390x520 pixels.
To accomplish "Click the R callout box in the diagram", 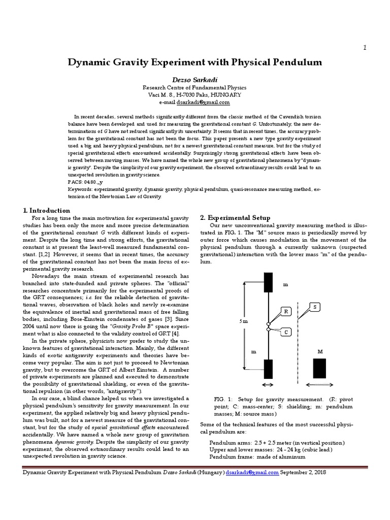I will (286, 311).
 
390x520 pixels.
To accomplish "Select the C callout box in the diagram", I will (286, 332).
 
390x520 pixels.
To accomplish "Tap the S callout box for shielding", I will (315, 307).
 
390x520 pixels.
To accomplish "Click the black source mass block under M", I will (319, 368).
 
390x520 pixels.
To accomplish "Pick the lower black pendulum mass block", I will (268, 369).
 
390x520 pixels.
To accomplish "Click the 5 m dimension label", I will (243, 321).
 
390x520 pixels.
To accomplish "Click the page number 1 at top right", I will (365, 47).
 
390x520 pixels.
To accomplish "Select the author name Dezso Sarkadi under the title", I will (195, 79).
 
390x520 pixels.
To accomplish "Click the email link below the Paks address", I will (203, 102).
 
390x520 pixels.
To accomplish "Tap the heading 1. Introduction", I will (47, 210).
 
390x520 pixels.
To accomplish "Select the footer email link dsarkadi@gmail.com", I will (252, 472).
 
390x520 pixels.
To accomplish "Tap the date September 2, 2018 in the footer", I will (303, 472).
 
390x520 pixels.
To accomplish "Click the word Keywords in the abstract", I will (80, 189).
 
